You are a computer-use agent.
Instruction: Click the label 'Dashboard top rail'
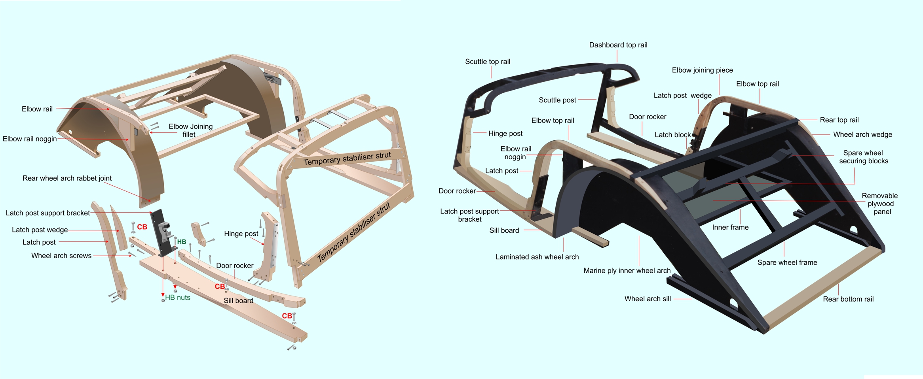(x=618, y=45)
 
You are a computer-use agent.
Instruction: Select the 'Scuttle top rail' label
(x=488, y=62)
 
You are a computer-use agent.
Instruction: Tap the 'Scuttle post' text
(x=557, y=100)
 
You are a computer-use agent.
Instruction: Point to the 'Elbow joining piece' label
(x=703, y=70)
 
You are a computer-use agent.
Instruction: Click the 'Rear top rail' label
(x=839, y=120)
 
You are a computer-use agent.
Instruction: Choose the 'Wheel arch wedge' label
(x=863, y=135)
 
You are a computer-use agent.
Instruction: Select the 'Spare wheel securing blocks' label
(x=864, y=157)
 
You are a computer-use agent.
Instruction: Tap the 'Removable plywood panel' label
(x=880, y=204)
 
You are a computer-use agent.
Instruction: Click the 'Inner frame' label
(x=730, y=227)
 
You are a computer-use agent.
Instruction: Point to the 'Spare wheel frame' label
(x=787, y=262)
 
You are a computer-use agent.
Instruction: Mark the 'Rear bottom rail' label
(x=848, y=299)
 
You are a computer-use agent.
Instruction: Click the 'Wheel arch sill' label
(x=648, y=299)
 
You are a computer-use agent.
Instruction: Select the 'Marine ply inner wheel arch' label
(x=627, y=271)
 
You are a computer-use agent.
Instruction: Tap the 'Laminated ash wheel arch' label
(x=537, y=257)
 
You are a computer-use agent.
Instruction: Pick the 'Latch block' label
(x=672, y=135)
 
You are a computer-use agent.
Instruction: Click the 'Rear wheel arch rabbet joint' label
(x=67, y=178)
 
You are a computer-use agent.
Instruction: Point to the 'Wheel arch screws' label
(x=61, y=256)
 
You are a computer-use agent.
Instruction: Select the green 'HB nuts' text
(x=178, y=298)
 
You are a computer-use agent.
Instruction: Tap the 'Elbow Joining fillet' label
(x=190, y=130)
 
